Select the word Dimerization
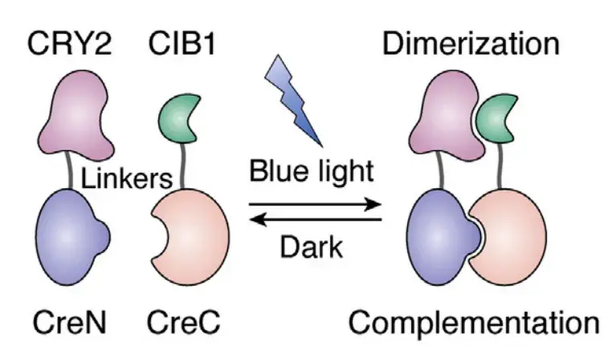pyautogui.click(x=471, y=43)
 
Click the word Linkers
pyautogui.click(x=126, y=179)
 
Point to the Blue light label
pyautogui.click(x=312, y=172)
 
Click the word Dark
pyautogui.click(x=312, y=247)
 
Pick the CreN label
pyautogui.click(x=70, y=322)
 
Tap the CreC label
pyautogui.click(x=183, y=322)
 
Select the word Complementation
pyautogui.click(x=474, y=324)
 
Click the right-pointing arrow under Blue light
pyautogui.click(x=315, y=204)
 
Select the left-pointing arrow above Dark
pyautogui.click(x=315, y=219)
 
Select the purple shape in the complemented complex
pyautogui.click(x=441, y=237)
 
